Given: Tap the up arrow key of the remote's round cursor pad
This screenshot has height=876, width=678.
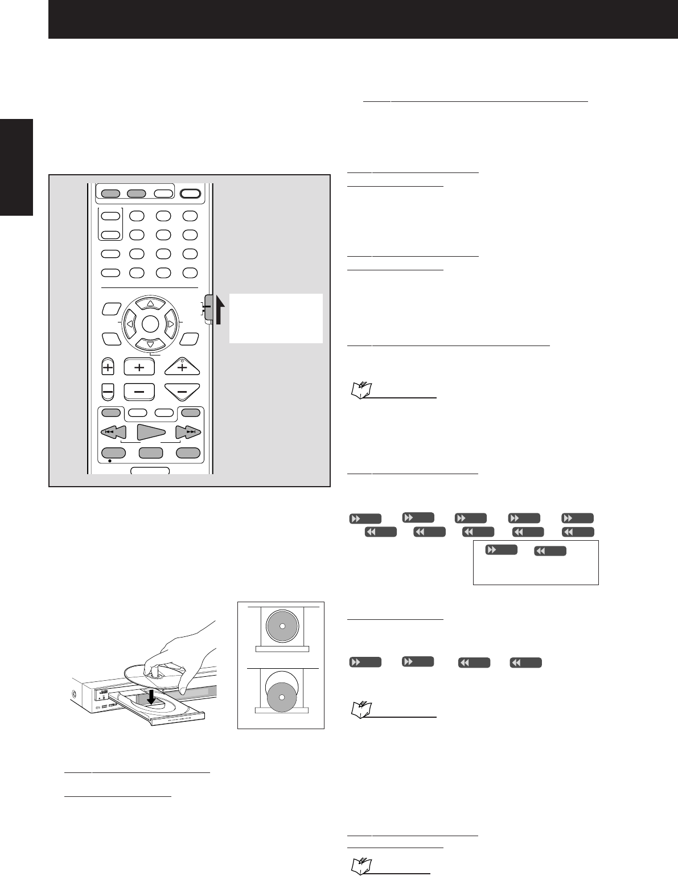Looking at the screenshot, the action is [x=150, y=303].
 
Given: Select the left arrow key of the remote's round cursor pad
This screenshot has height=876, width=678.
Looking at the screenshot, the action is [x=130, y=324].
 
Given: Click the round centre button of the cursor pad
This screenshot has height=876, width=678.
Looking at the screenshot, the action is [x=150, y=324].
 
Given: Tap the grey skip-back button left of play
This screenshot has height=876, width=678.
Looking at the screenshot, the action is [x=113, y=433].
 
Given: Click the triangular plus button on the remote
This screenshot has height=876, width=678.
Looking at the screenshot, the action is [x=182, y=368].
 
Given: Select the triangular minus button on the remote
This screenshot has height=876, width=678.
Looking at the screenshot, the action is [x=182, y=392].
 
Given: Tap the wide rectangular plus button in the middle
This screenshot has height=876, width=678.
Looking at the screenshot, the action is [x=139, y=368].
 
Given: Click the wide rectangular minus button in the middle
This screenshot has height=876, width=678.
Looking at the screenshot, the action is [x=139, y=392].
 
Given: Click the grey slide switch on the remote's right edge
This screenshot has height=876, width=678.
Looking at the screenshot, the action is [x=209, y=310].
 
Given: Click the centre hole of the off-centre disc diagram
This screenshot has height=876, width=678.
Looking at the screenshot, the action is [x=281, y=697].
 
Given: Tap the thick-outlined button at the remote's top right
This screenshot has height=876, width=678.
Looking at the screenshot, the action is [x=191, y=194].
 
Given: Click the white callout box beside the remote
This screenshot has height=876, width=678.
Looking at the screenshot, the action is [x=276, y=318].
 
